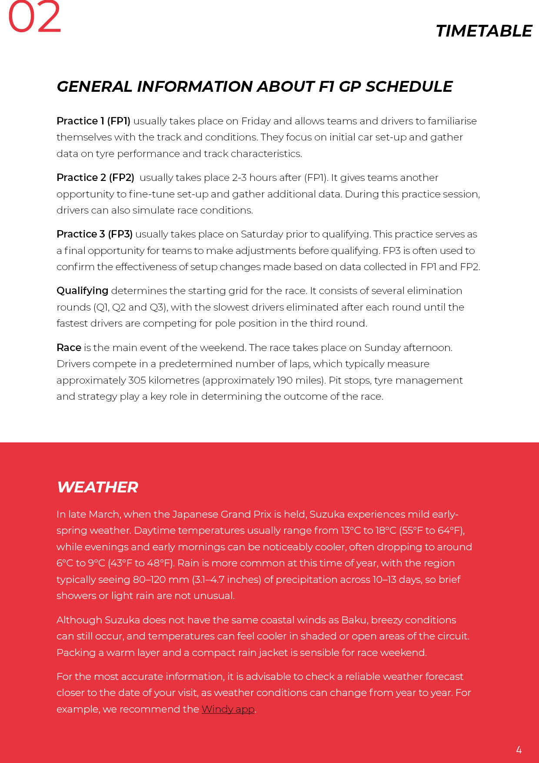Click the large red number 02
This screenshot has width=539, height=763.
tap(34, 17)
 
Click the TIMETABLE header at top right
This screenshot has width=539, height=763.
tap(483, 31)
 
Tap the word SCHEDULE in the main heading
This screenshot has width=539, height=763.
tap(409, 87)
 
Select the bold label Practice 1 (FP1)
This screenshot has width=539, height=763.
tap(93, 121)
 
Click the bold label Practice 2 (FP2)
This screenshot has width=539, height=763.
tap(95, 177)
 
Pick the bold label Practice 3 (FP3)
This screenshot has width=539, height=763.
tap(94, 234)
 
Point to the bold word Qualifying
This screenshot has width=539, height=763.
tap(82, 291)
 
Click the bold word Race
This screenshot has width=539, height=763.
tap(69, 348)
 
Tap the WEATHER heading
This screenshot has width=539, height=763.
tap(97, 487)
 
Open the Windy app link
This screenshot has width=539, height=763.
tap(228, 709)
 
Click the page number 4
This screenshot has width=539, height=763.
tap(519, 750)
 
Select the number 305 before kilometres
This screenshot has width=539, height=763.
tap(137, 380)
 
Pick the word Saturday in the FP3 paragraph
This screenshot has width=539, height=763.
tap(262, 234)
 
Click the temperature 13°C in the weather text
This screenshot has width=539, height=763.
tap(350, 530)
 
